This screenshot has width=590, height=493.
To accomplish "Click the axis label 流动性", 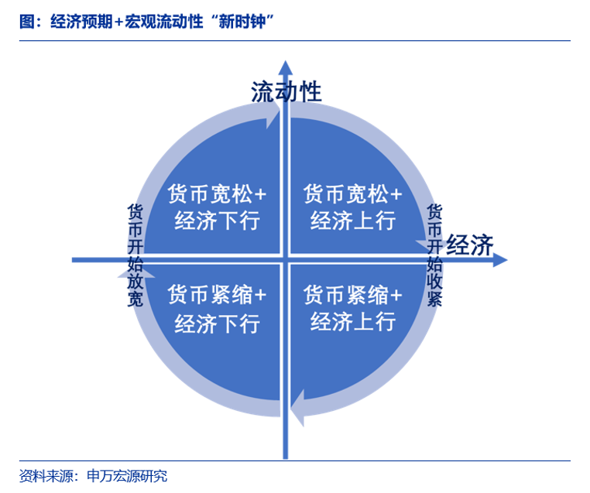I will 286,92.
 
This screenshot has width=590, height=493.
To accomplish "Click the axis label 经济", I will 470,245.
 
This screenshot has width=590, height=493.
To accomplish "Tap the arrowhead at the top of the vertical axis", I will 286,67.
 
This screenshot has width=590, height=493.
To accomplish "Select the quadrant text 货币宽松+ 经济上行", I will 353,207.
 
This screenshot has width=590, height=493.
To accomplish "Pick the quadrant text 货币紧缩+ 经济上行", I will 353,309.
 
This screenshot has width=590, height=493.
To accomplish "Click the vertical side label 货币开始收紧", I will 435,255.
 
